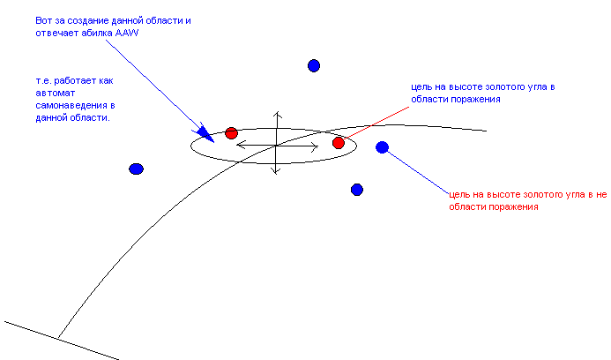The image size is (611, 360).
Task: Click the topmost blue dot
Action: (x=313, y=65)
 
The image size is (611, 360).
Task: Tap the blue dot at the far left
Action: (x=136, y=169)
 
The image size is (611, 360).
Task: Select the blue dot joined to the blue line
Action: (x=382, y=147)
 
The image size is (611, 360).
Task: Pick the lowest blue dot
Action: (x=357, y=190)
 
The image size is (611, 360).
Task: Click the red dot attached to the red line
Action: (x=338, y=143)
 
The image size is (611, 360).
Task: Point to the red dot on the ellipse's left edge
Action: (x=231, y=133)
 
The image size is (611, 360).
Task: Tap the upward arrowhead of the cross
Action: (x=276, y=115)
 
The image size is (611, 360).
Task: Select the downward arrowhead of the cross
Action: (x=276, y=171)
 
